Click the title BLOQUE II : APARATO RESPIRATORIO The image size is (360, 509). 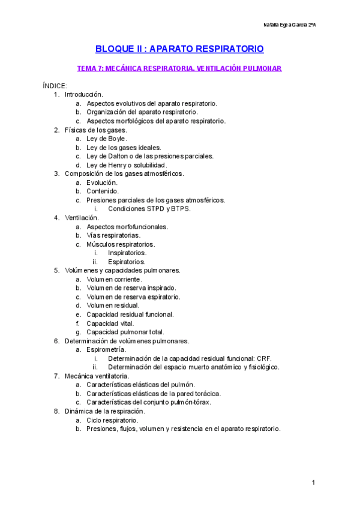(179, 49)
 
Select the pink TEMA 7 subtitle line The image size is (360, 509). (179, 68)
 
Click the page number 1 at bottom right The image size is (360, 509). (314, 483)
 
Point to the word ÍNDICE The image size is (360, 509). (55, 86)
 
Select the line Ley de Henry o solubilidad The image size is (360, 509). (127, 165)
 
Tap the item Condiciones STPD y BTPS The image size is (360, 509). (149, 209)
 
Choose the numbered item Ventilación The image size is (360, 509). (82, 217)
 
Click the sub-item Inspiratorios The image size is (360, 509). (127, 253)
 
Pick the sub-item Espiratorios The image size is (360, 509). (127, 262)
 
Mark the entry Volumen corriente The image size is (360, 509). (115, 279)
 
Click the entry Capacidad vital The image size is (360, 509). (110, 323)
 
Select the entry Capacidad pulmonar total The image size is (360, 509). (125, 332)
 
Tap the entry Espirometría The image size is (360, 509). (106, 349)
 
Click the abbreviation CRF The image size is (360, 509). (263, 358)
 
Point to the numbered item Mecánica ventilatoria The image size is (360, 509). (97, 376)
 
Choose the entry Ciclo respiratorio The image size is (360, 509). (113, 420)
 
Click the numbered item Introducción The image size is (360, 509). (84, 95)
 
